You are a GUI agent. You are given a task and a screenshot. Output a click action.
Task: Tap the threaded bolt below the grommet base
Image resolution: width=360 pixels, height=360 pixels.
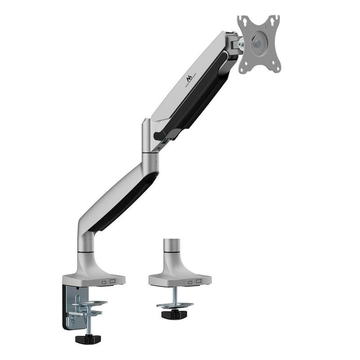point(174,295)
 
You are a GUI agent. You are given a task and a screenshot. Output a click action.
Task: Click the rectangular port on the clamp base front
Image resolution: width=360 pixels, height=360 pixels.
point(114,281)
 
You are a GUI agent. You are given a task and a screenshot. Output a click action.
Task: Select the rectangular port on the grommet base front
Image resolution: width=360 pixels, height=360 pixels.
point(199,281)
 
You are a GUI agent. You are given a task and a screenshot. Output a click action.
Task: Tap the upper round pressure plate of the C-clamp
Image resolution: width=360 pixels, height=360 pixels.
point(90,303)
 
